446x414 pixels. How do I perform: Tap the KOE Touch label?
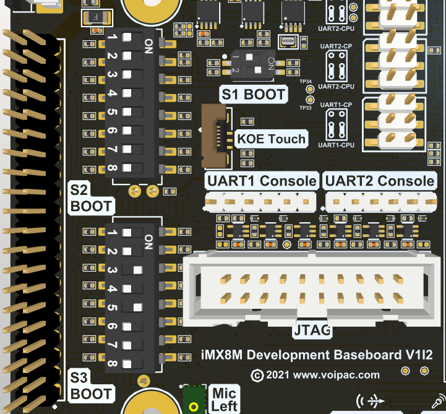click(271, 139)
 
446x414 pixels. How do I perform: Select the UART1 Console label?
click(262, 181)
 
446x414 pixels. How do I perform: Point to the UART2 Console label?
click(379, 181)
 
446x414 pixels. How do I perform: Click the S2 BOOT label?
click(91, 198)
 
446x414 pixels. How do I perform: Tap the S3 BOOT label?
click(91, 386)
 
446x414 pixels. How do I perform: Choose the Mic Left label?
click(224, 399)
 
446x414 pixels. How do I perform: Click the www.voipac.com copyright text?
click(315, 374)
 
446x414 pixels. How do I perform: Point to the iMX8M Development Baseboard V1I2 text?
click(317, 355)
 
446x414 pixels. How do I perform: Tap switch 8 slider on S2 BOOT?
click(127, 168)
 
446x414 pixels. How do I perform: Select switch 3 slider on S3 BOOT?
click(137, 270)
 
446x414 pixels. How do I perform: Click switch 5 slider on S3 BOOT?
click(137, 308)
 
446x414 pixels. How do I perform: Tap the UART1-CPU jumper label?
click(337, 145)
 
